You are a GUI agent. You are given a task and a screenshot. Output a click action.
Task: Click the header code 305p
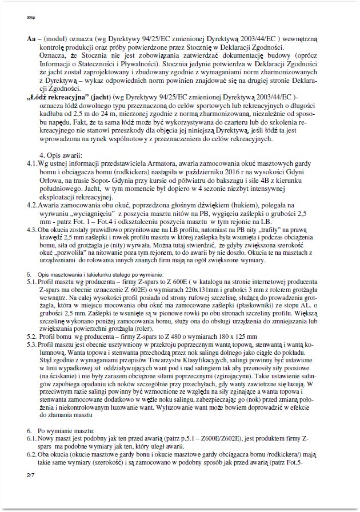coord(30,18)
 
